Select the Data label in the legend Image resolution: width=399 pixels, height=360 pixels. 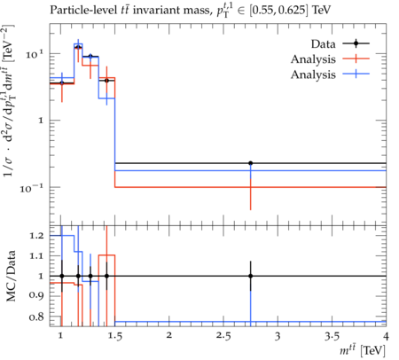(x=323, y=44)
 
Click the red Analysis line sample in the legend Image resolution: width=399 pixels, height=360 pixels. (x=356, y=59)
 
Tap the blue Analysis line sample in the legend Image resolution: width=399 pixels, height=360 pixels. (x=356, y=74)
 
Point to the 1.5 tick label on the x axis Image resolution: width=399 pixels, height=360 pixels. (x=114, y=336)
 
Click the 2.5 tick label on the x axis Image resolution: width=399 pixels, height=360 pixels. (x=223, y=336)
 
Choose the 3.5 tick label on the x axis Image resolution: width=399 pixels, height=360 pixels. (x=332, y=336)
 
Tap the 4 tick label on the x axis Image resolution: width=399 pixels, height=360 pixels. (x=386, y=336)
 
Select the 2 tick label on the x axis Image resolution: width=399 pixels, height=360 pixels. (x=168, y=336)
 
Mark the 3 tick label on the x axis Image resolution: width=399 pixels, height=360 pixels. (x=278, y=336)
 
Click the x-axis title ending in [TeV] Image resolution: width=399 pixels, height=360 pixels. (x=363, y=350)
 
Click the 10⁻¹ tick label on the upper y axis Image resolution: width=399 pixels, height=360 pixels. (x=32, y=187)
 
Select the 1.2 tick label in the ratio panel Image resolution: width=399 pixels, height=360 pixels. (x=36, y=236)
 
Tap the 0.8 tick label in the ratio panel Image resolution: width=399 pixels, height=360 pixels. (x=36, y=317)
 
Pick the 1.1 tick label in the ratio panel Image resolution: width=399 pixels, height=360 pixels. (x=36, y=256)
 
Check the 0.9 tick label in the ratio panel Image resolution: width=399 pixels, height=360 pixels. (x=36, y=295)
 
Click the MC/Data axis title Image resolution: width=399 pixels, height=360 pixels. (x=11, y=276)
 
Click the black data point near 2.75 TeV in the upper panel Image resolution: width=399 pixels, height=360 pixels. (x=250, y=163)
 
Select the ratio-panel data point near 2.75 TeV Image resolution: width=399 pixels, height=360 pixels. (x=250, y=276)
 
